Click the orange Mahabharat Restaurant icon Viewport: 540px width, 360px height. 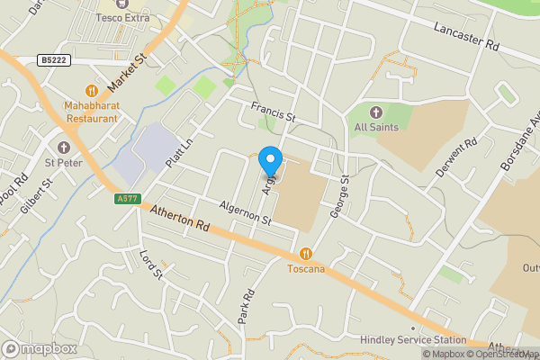[91, 90]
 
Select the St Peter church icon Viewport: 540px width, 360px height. [64, 147]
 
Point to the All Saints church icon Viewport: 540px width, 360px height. [376, 112]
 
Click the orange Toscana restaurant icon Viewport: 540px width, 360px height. [306, 254]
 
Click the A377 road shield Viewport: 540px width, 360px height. [127, 199]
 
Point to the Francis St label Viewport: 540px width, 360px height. [274, 112]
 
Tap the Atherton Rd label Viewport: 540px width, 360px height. [180, 221]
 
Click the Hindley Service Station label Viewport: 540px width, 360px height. [413, 339]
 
